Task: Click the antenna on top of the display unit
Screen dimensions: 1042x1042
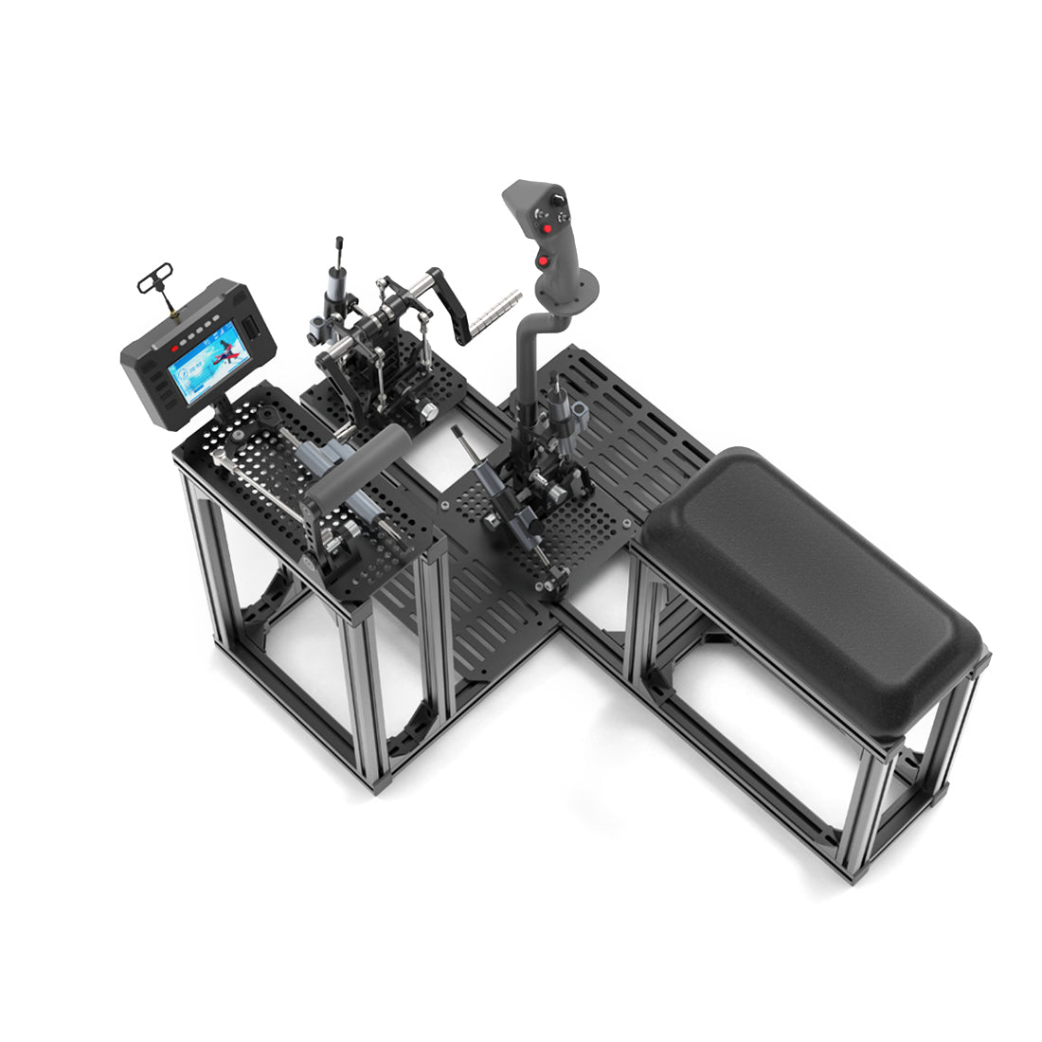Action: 159,285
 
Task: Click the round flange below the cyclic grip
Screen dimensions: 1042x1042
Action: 568,284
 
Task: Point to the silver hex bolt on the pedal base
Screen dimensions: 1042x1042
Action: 428,412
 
